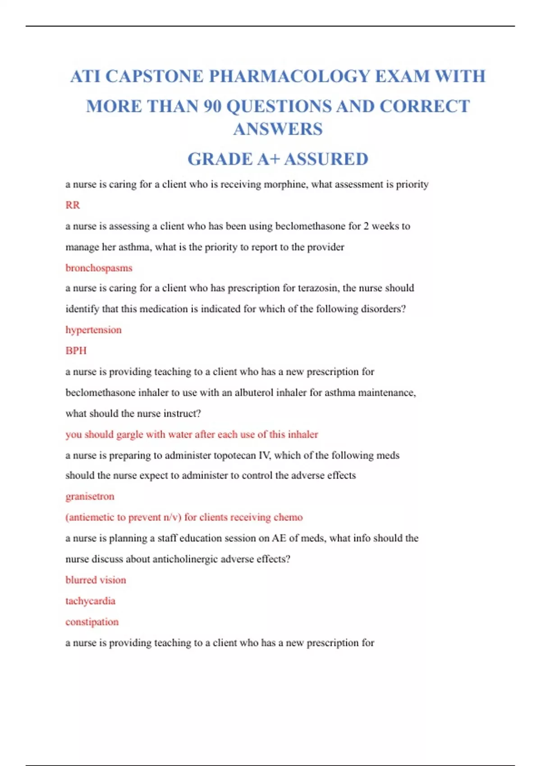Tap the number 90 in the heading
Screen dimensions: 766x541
point(212,106)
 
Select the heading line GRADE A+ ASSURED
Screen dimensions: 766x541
point(278,159)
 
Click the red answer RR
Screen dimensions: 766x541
point(73,205)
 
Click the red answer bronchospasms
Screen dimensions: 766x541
point(99,268)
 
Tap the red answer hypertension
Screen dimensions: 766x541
point(93,330)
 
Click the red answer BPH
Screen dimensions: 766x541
point(76,351)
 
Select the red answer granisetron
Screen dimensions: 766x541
point(90,496)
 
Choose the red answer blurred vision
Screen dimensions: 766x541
point(96,580)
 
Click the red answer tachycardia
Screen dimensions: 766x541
point(90,601)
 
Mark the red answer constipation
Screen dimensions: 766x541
point(92,622)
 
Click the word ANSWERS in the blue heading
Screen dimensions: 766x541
point(278,129)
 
